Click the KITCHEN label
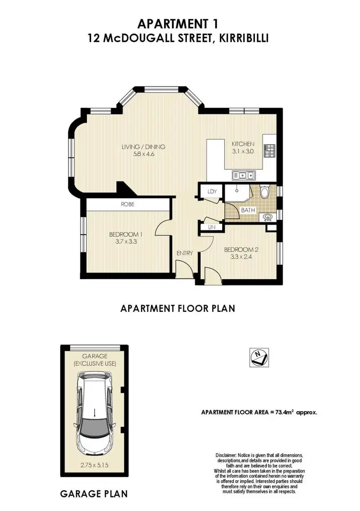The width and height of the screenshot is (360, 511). [x=243, y=144]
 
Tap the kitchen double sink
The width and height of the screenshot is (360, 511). [x=243, y=175]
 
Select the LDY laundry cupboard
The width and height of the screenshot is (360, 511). [x=212, y=191]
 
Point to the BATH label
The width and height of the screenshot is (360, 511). [x=248, y=210]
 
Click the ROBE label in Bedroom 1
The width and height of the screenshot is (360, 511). [x=127, y=204]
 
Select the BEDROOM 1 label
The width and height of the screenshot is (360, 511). [x=126, y=234]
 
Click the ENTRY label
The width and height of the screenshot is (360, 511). [x=185, y=253]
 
